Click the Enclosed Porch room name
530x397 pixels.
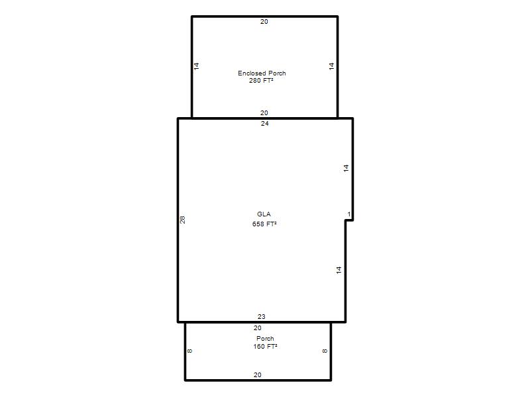click(x=262, y=73)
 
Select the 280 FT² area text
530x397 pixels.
click(x=261, y=80)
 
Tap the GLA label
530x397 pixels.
click(x=264, y=214)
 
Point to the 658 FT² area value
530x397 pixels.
click(x=264, y=224)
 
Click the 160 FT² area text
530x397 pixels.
click(x=266, y=346)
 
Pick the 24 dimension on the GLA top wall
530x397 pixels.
click(x=264, y=124)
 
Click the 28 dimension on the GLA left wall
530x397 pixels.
click(x=183, y=220)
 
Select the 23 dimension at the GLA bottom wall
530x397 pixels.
click(x=262, y=317)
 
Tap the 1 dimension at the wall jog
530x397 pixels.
click(x=349, y=214)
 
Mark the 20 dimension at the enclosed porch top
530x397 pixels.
click(x=264, y=22)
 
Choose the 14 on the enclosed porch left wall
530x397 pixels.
click(x=196, y=66)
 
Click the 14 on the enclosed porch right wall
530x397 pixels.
click(x=331, y=66)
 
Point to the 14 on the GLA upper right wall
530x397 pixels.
click(x=346, y=168)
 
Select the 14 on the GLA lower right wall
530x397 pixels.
click(x=339, y=270)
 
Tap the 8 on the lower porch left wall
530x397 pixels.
click(x=189, y=351)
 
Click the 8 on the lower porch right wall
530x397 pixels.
click(x=325, y=351)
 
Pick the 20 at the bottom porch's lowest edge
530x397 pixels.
click(x=258, y=375)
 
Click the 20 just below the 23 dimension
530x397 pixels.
click(x=258, y=328)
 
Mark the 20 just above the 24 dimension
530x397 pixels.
click(x=264, y=112)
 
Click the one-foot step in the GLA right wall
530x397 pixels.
click(x=349, y=220)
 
